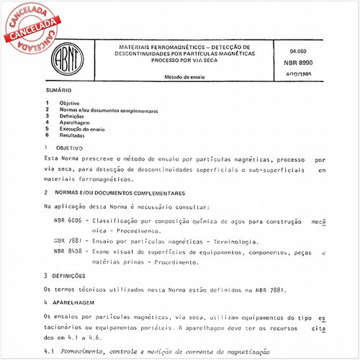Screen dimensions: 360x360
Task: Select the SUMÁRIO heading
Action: (57, 91)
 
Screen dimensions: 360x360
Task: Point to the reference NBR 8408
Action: (68, 252)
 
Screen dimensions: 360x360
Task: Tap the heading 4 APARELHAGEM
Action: (71, 303)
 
